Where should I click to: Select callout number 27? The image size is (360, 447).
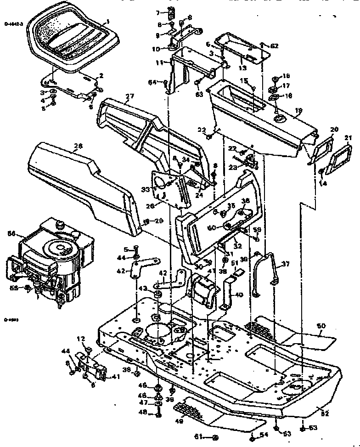129,96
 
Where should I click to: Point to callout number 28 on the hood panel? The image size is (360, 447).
78,147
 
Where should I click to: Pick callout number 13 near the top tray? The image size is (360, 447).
243,67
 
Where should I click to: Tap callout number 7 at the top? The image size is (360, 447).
157,12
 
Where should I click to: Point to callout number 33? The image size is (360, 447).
146,189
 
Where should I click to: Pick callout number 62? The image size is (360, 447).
274,45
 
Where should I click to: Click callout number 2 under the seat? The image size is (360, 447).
101,76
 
